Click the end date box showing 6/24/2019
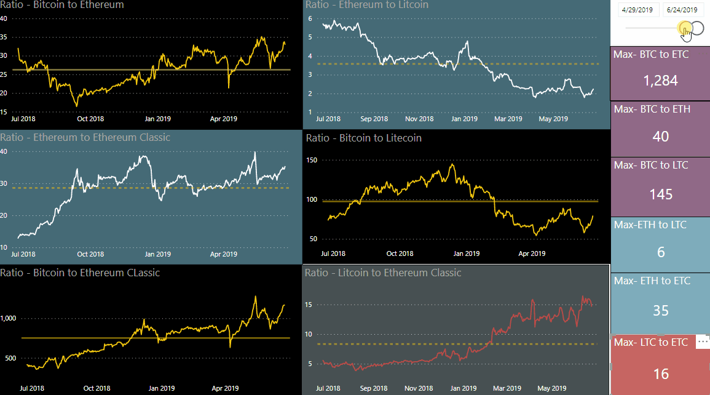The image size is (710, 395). pyautogui.click(x=682, y=10)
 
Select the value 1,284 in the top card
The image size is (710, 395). pyautogui.click(x=660, y=81)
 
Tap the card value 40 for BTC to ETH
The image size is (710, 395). pyautogui.click(x=660, y=136)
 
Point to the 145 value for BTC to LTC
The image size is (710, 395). pyautogui.click(x=660, y=194)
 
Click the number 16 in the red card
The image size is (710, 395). pyautogui.click(x=660, y=373)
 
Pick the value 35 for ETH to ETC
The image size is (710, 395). pyautogui.click(x=660, y=310)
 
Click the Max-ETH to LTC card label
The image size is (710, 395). pyautogui.click(x=650, y=225)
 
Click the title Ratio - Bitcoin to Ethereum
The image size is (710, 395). pyautogui.click(x=62, y=5)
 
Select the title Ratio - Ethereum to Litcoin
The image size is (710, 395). pyautogui.click(x=367, y=5)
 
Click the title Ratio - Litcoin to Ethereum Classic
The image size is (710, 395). pyautogui.click(x=383, y=273)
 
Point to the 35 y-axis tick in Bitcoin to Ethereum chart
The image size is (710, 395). pyautogui.click(x=4, y=37)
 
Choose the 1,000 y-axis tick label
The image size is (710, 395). pyautogui.click(x=10, y=318)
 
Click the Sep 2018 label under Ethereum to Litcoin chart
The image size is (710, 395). pyautogui.click(x=374, y=119)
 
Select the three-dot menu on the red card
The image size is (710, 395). pyautogui.click(x=703, y=340)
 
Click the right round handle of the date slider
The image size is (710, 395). pyautogui.click(x=697, y=28)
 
